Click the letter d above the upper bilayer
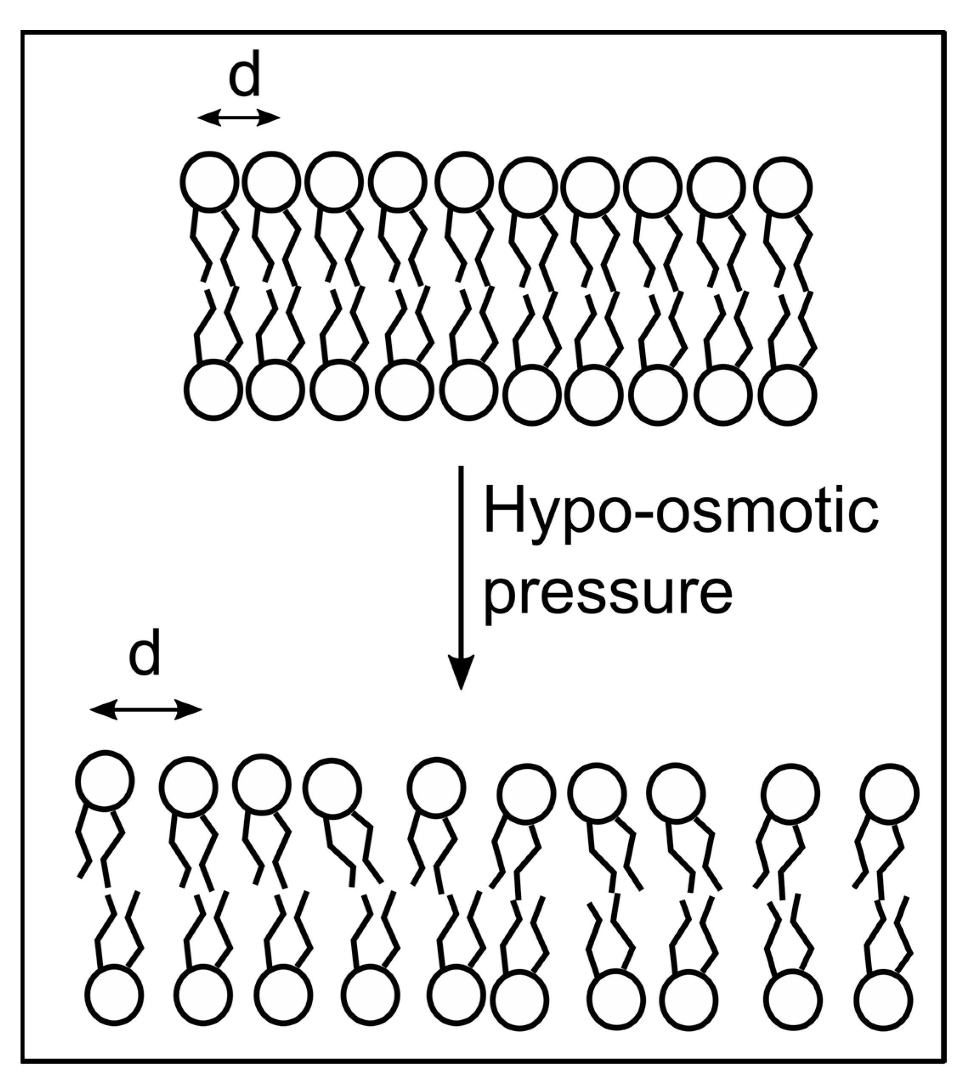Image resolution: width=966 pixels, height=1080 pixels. [x=245, y=75]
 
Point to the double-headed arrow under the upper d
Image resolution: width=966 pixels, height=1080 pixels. [x=239, y=118]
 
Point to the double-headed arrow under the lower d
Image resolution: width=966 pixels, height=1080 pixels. [x=146, y=709]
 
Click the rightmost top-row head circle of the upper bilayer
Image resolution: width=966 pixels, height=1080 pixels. [x=783, y=187]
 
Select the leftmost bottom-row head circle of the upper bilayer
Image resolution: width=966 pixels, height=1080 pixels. [x=213, y=390]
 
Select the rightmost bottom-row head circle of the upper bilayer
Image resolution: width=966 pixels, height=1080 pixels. [x=787, y=395]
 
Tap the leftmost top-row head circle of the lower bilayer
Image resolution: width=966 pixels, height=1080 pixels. [x=105, y=780]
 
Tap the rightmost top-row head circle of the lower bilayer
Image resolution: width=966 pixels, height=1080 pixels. [x=889, y=794]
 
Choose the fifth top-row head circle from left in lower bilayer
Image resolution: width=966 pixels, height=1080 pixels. [x=436, y=787]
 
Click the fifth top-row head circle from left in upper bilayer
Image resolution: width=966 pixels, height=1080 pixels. [x=463, y=181]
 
